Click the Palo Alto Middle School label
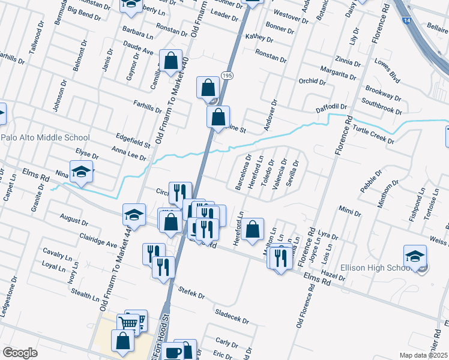tap(46, 137)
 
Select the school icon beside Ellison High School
tap(415, 257)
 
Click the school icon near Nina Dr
tap(81, 172)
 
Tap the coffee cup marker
tap(173, 352)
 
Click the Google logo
tap(20, 353)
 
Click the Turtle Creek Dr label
tap(373, 135)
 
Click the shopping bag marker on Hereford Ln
tap(253, 229)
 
